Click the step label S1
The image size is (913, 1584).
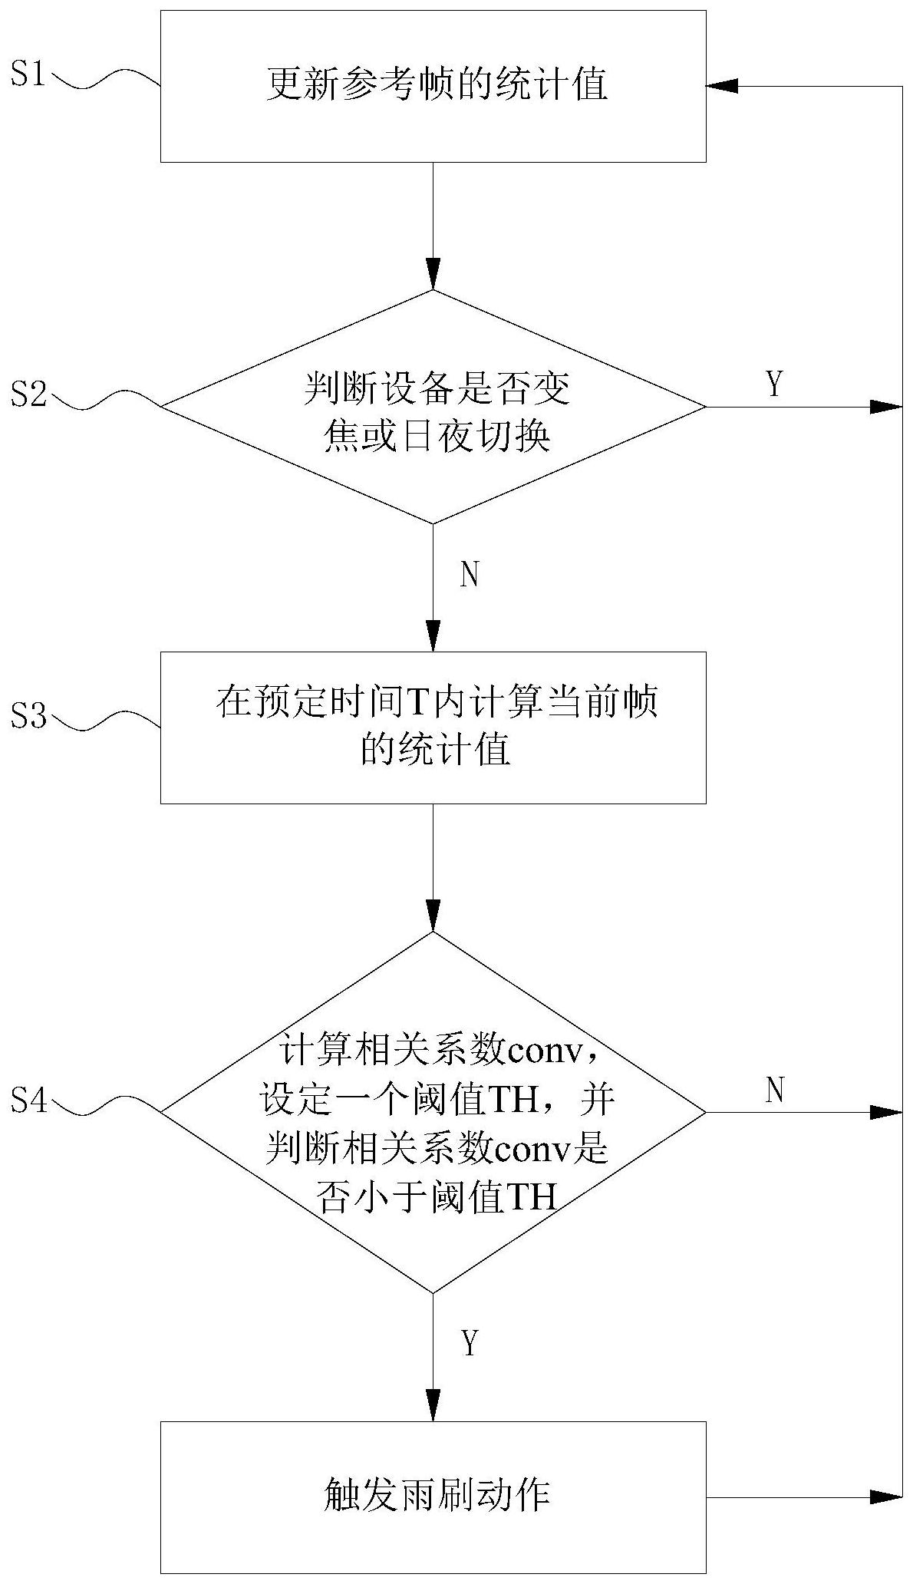[28, 76]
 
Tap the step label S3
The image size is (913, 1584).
[28, 717]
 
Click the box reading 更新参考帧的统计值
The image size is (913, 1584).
[433, 85]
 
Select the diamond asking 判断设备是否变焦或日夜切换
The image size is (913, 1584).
[433, 407]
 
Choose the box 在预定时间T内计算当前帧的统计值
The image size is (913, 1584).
[433, 727]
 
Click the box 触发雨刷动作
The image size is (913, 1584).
[433, 1497]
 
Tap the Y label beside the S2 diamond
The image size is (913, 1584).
[774, 384]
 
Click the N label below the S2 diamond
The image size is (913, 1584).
[470, 575]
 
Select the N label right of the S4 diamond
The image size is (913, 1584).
[774, 1089]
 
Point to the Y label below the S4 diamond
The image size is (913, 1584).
[470, 1343]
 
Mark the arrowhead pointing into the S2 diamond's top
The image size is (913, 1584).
[433, 276]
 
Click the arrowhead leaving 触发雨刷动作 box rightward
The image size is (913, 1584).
[885, 1496]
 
